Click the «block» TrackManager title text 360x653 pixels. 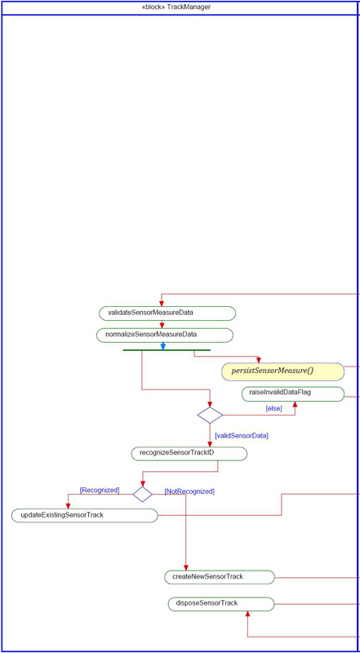click(176, 7)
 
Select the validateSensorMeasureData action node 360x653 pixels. click(167, 313)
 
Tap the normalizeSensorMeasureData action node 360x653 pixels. click(165, 335)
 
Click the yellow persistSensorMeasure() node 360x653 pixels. click(283, 371)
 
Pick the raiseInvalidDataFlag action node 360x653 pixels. click(293, 394)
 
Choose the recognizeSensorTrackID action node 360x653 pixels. click(189, 454)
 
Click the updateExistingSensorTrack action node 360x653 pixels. click(85, 515)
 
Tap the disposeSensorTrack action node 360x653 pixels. click(221, 604)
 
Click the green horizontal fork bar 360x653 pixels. click(167, 350)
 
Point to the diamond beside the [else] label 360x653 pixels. click(210, 415)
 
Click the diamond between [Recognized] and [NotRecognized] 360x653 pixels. click(143, 494)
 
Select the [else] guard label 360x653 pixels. click(273, 409)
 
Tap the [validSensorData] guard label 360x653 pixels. click(242, 436)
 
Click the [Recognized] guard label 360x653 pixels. click(100, 491)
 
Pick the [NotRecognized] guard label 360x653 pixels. click(189, 491)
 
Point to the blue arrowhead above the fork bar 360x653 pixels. click(163, 346)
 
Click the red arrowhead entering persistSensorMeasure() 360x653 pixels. click(259, 360)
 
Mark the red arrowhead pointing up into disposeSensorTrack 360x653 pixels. click(247, 615)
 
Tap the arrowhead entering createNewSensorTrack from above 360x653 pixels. click(186, 567)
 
